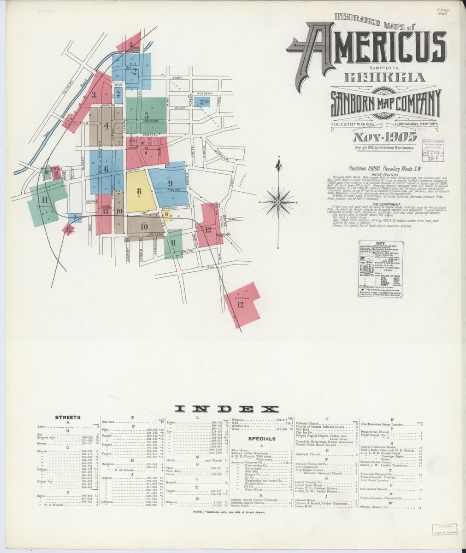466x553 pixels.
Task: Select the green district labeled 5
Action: pyautogui.click(x=146, y=115)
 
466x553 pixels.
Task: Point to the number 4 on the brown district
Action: pyautogui.click(x=106, y=125)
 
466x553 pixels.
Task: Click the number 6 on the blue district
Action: pyautogui.click(x=106, y=169)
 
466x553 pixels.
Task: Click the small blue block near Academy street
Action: pyautogui.click(x=202, y=102)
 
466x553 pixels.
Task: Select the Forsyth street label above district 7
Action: pyautogui.click(x=150, y=135)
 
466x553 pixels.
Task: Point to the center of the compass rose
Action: pyautogui.click(x=277, y=202)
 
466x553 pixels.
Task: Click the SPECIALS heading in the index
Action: pyautogui.click(x=261, y=439)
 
